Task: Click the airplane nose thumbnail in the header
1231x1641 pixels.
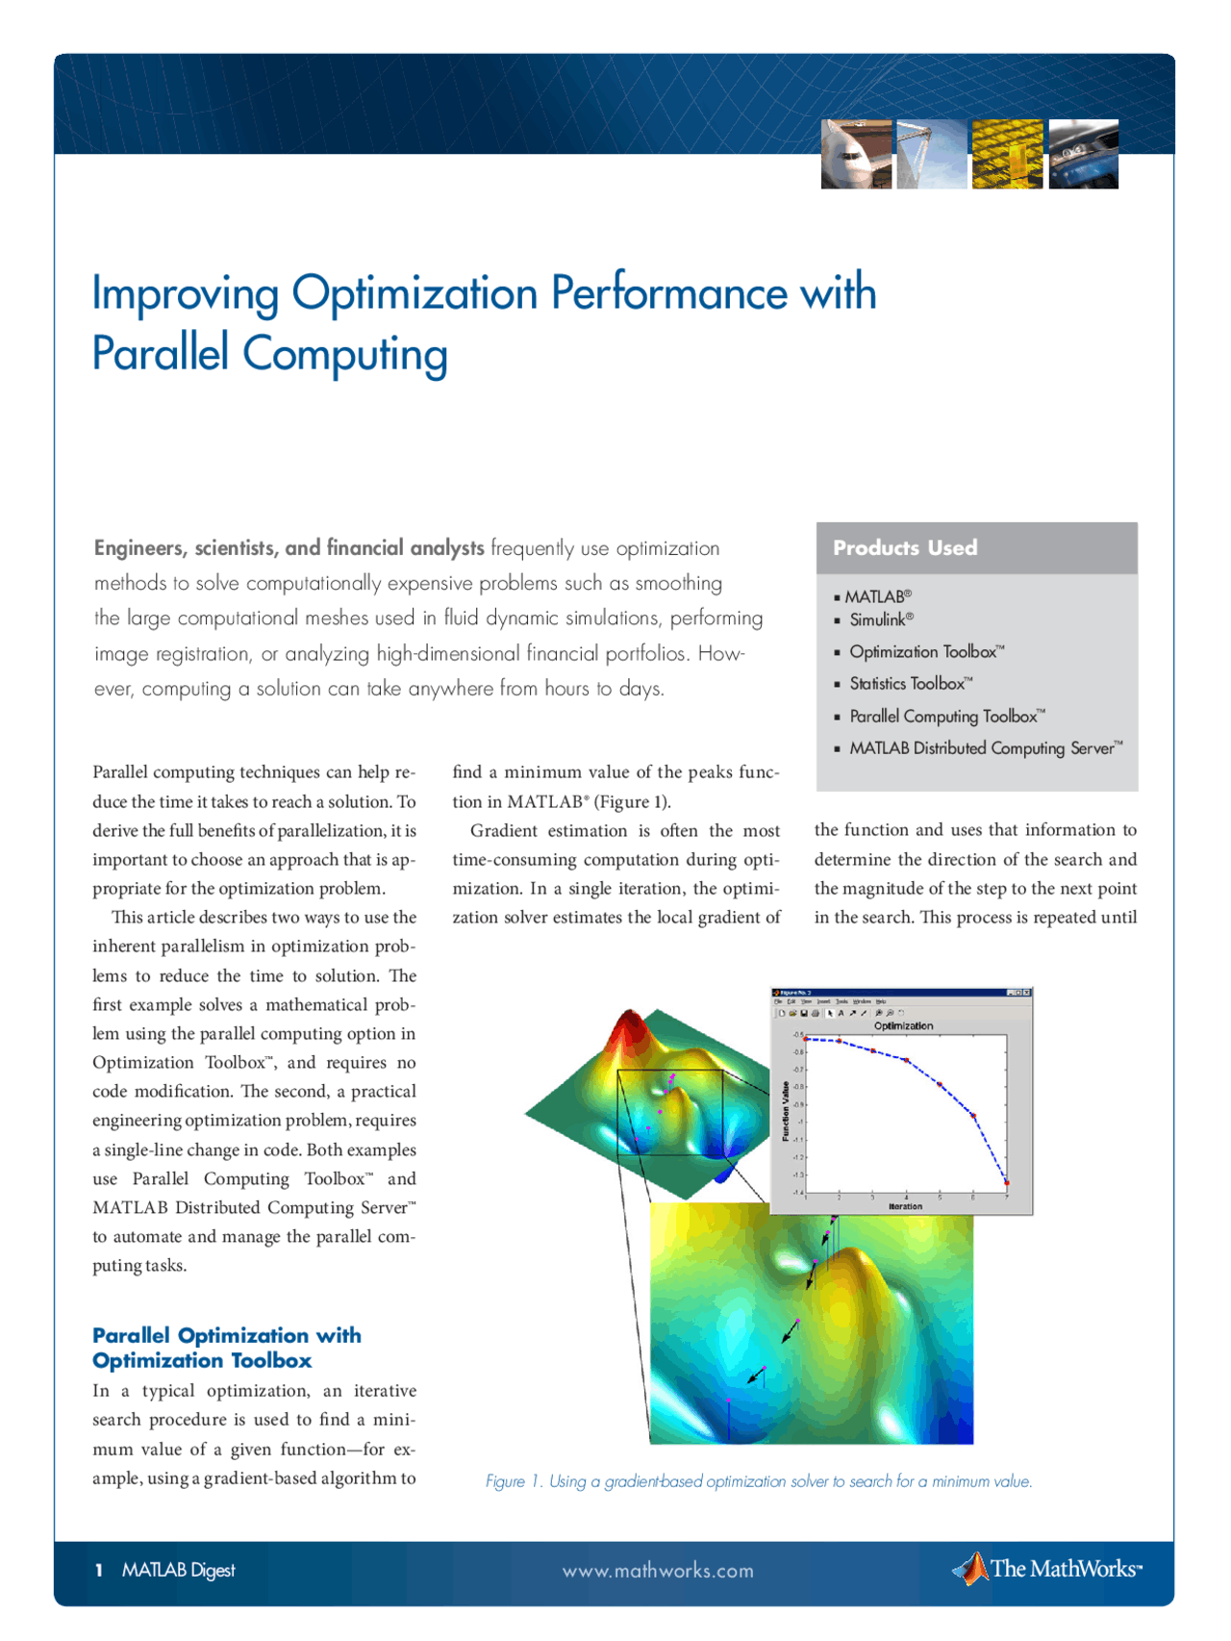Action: click(x=856, y=154)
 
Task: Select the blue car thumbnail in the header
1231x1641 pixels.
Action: click(x=1083, y=154)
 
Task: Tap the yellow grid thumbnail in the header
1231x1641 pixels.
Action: click(x=1007, y=154)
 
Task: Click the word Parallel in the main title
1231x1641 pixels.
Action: click(x=161, y=353)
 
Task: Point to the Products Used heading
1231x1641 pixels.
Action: click(x=905, y=548)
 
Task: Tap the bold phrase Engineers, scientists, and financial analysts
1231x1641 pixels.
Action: click(x=289, y=548)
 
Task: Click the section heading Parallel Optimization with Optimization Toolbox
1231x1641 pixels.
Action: click(x=227, y=1348)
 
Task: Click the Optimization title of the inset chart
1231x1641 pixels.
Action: click(x=903, y=1026)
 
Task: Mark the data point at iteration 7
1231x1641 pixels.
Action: click(x=1006, y=1182)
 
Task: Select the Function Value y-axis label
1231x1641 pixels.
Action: click(x=786, y=1111)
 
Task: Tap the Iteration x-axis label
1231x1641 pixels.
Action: click(x=905, y=1206)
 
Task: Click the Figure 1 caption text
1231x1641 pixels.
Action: click(x=759, y=1481)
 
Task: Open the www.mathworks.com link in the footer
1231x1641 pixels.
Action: click(x=658, y=1571)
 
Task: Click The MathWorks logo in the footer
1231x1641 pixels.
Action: click(x=1047, y=1569)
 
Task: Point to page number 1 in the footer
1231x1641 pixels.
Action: click(x=98, y=1571)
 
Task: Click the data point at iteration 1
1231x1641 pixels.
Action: click(x=806, y=1039)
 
